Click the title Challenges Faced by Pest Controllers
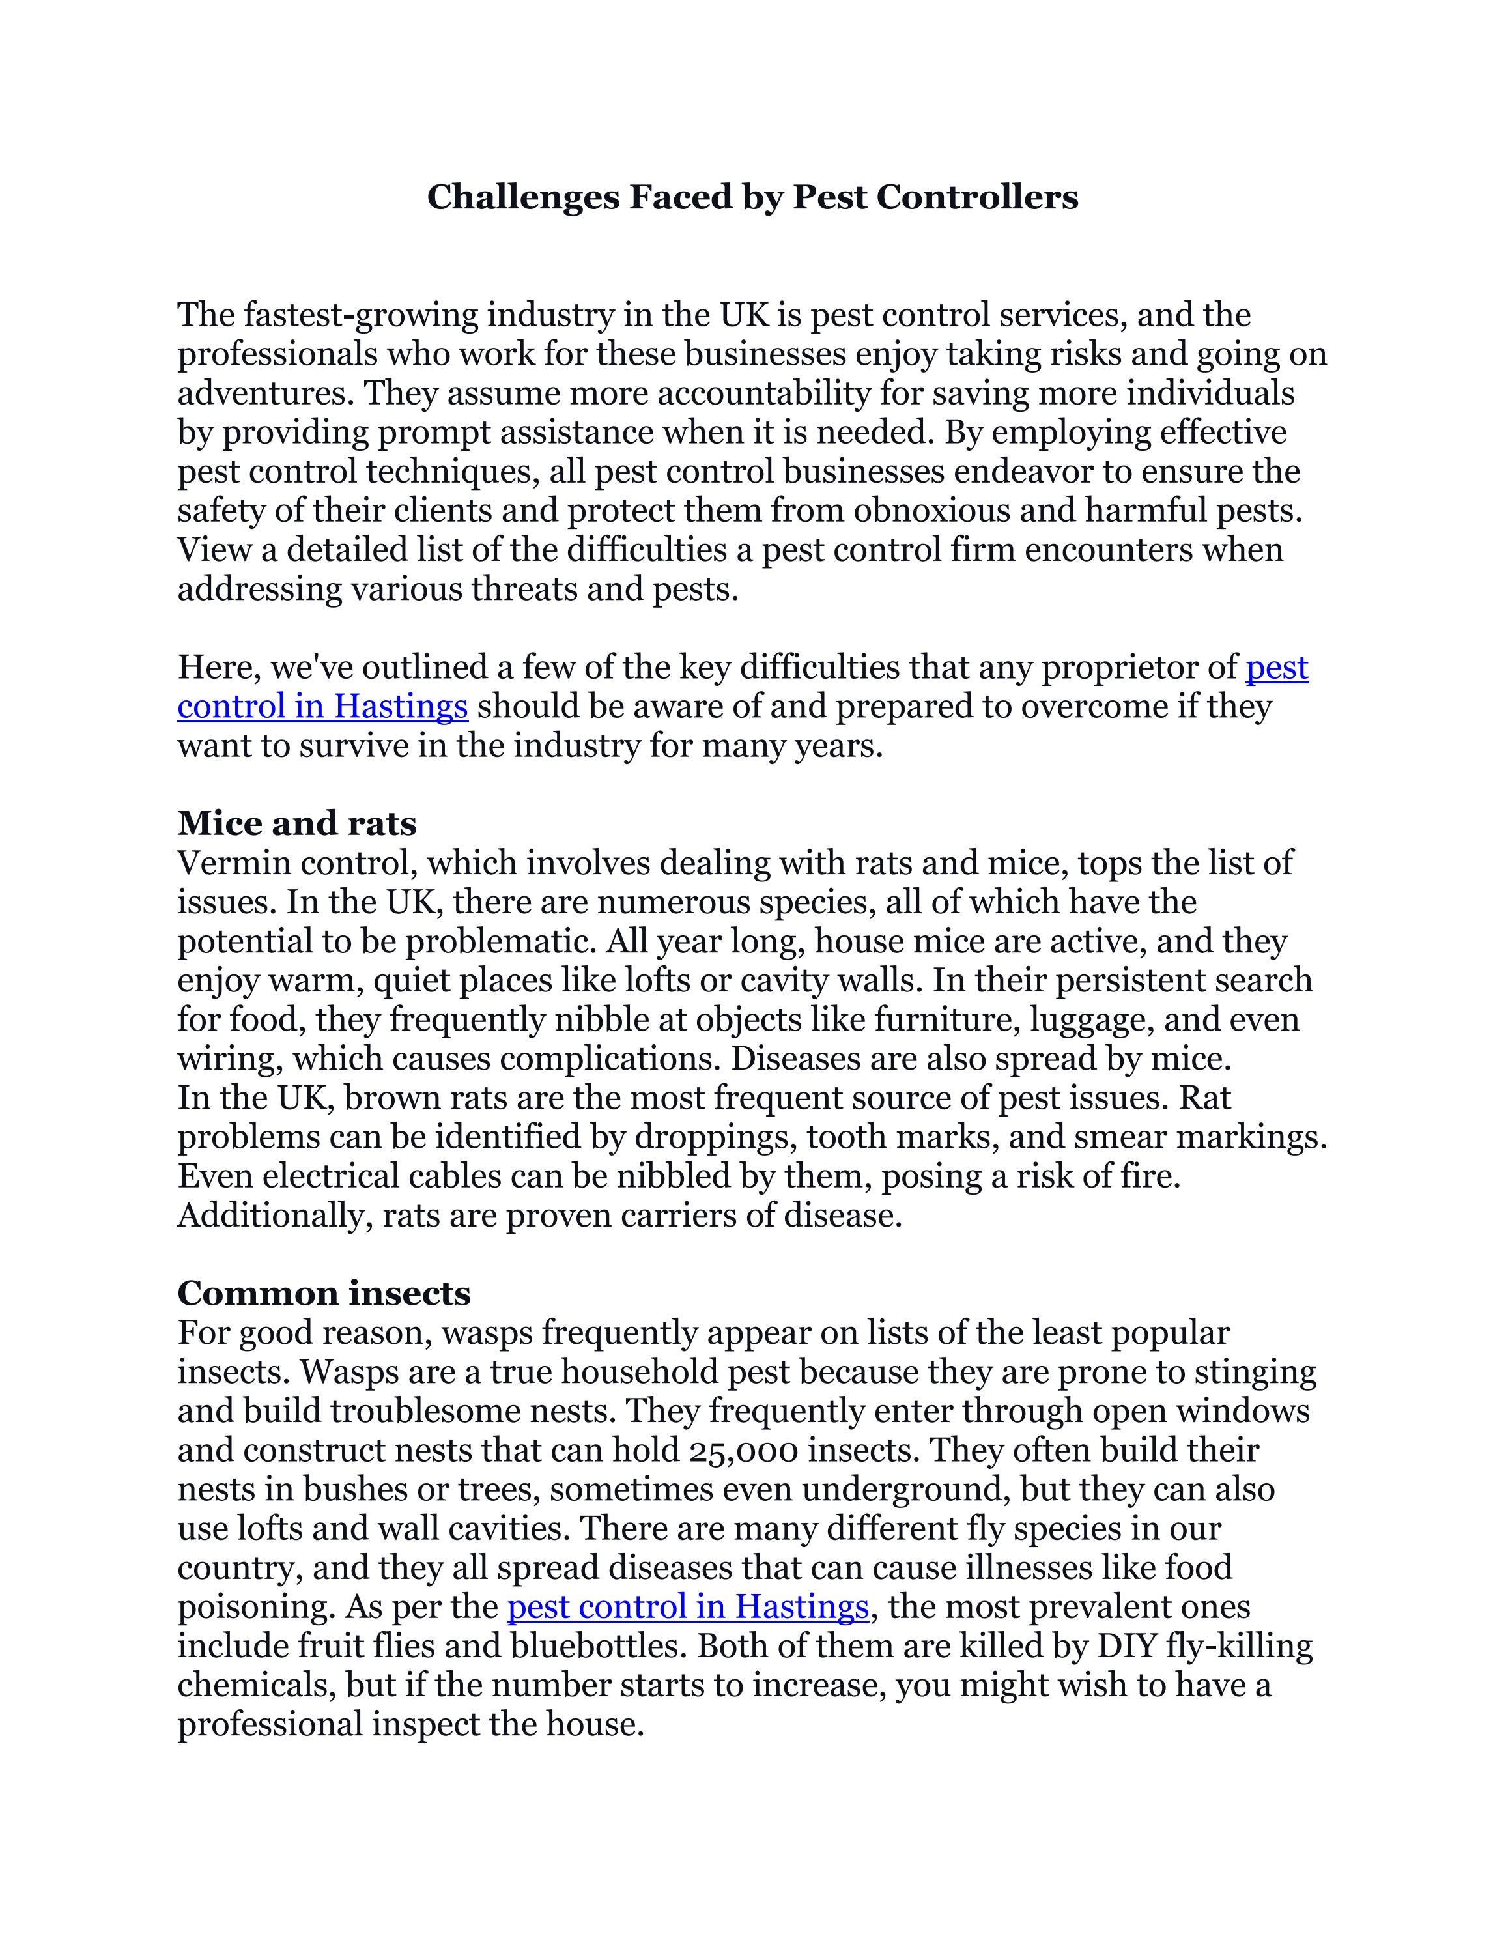[752, 197]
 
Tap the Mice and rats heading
[297, 823]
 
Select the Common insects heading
[324, 1292]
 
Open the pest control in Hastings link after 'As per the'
[687, 1606]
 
